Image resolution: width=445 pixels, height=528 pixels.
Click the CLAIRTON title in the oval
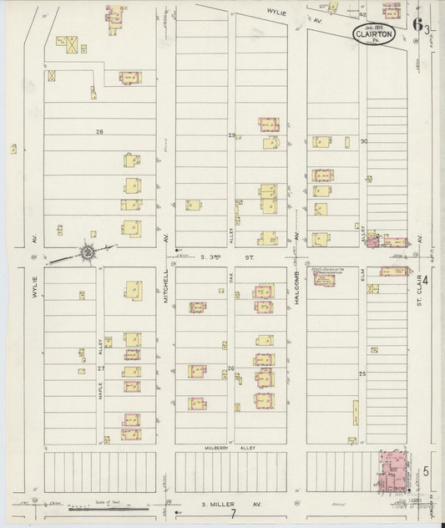coord(367,35)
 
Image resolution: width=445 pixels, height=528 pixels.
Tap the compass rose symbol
coord(87,251)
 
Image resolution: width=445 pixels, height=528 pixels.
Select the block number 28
coord(99,132)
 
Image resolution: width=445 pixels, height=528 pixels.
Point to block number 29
coord(231,135)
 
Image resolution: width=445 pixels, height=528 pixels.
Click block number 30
coord(363,141)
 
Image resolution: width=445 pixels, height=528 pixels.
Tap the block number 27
coord(102,368)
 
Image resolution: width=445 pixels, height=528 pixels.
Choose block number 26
coord(231,368)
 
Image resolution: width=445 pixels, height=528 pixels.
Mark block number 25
coord(363,373)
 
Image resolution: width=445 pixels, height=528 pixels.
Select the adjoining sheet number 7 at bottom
coord(235,513)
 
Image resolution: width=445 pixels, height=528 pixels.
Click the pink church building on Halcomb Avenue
coord(324,277)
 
